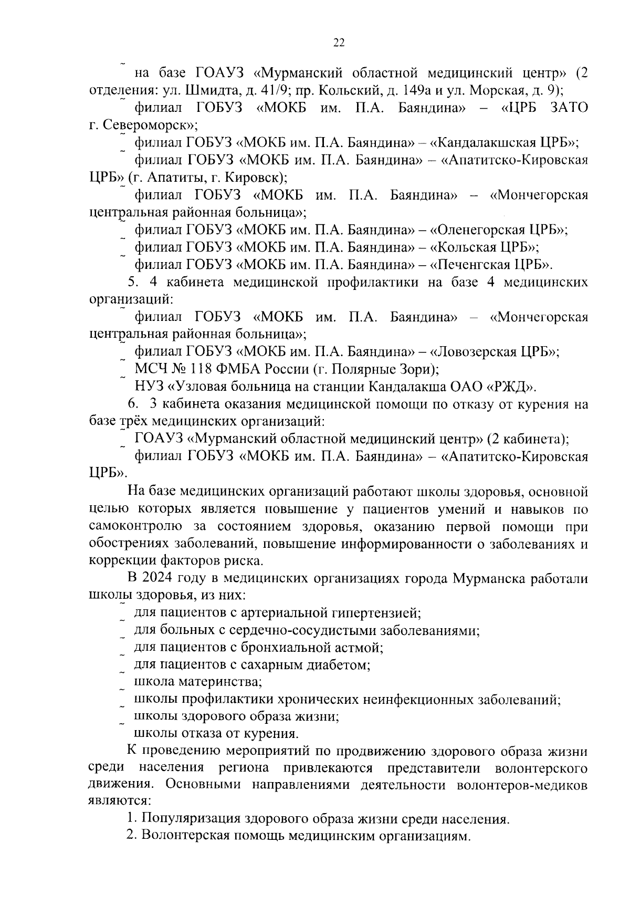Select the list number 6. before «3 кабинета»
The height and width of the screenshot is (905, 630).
133,404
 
